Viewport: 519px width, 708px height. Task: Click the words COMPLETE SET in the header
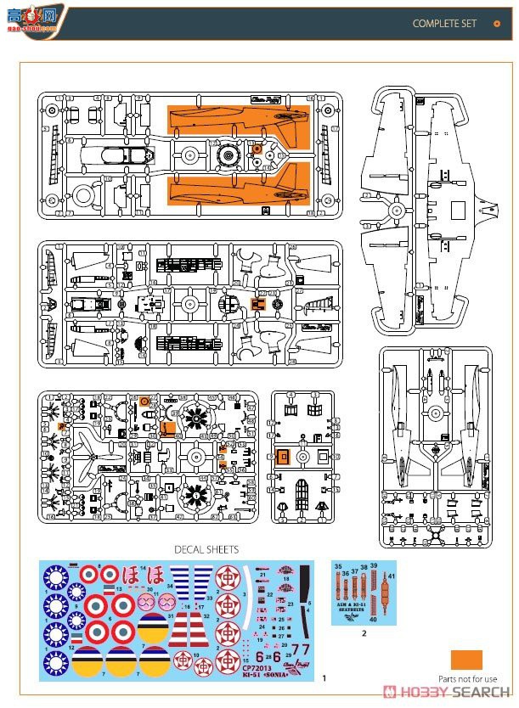pyautogui.click(x=444, y=24)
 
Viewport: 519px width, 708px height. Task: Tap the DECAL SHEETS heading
pyautogui.click(x=206, y=549)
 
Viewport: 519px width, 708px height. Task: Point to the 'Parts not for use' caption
pyautogui.click(x=468, y=679)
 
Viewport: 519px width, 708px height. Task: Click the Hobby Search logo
pyautogui.click(x=448, y=692)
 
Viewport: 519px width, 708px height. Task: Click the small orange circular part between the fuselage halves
pyautogui.click(x=257, y=149)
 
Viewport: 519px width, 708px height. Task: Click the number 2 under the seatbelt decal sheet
pyautogui.click(x=364, y=632)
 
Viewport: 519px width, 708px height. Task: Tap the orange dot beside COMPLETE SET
pyautogui.click(x=498, y=24)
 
